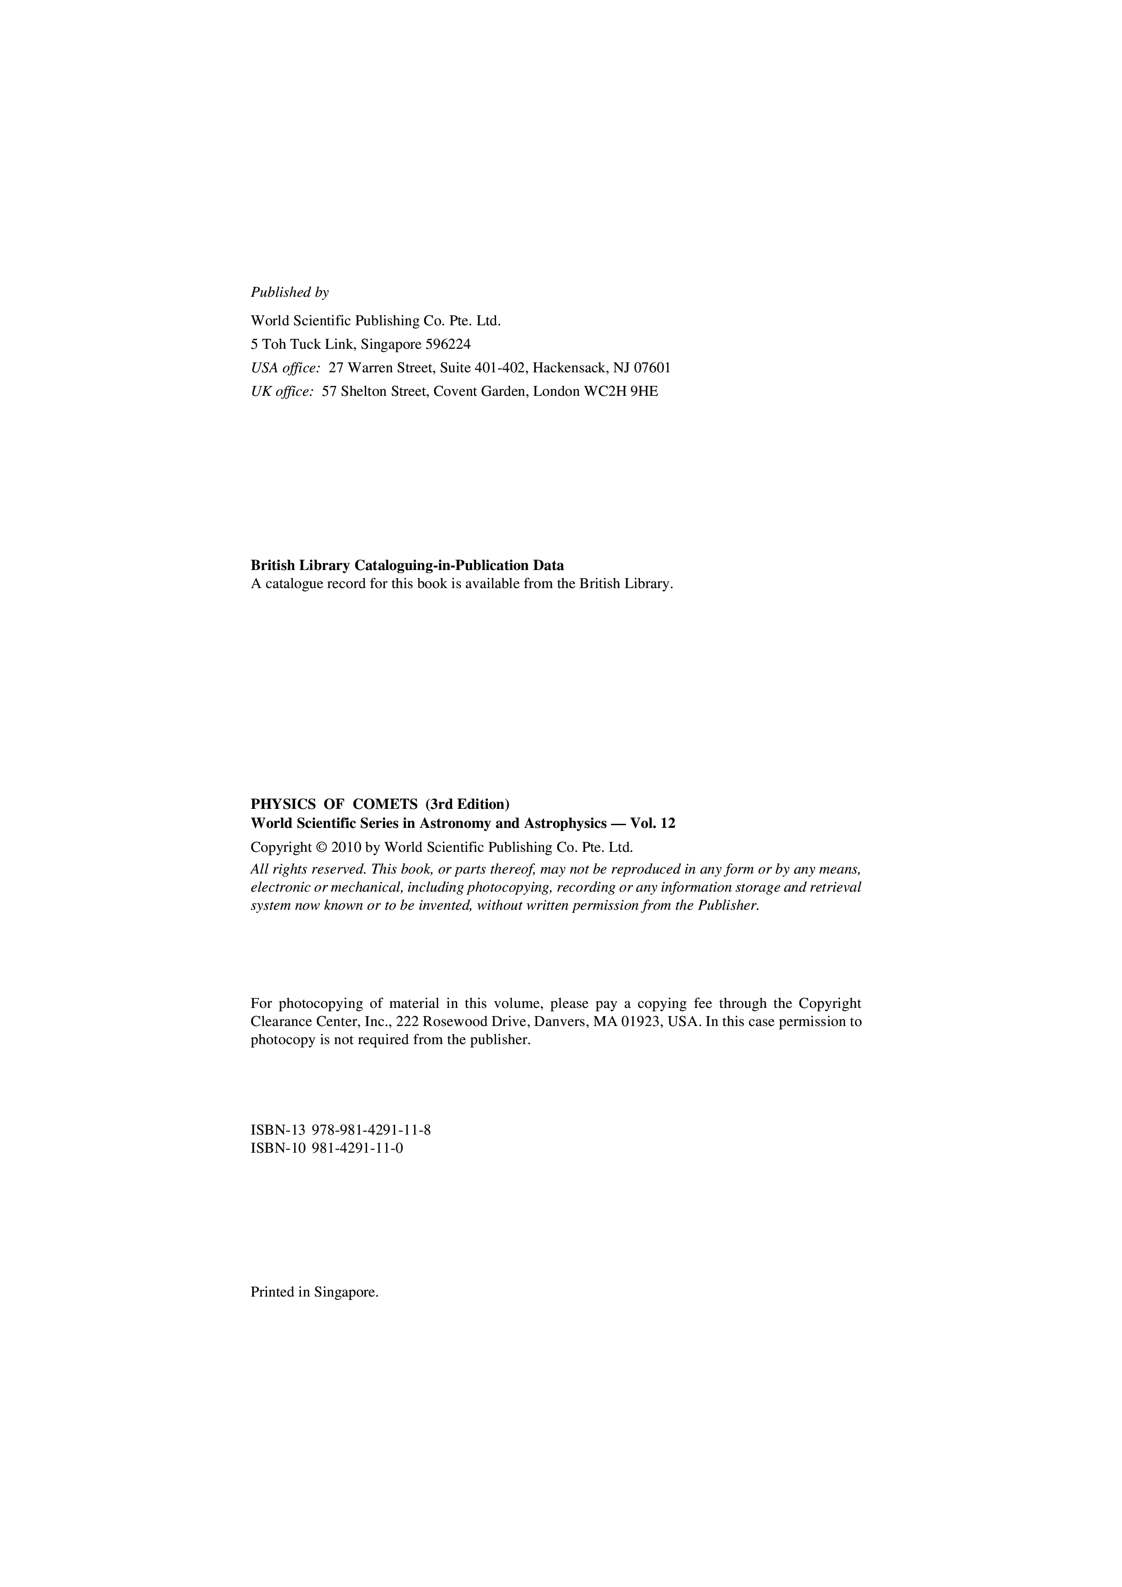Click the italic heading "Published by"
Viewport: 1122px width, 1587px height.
point(290,292)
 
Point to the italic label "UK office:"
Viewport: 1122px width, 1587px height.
point(282,391)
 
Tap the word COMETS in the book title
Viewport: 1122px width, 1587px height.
point(385,804)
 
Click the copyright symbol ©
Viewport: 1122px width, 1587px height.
point(321,847)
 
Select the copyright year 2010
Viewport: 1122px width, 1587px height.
point(346,847)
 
